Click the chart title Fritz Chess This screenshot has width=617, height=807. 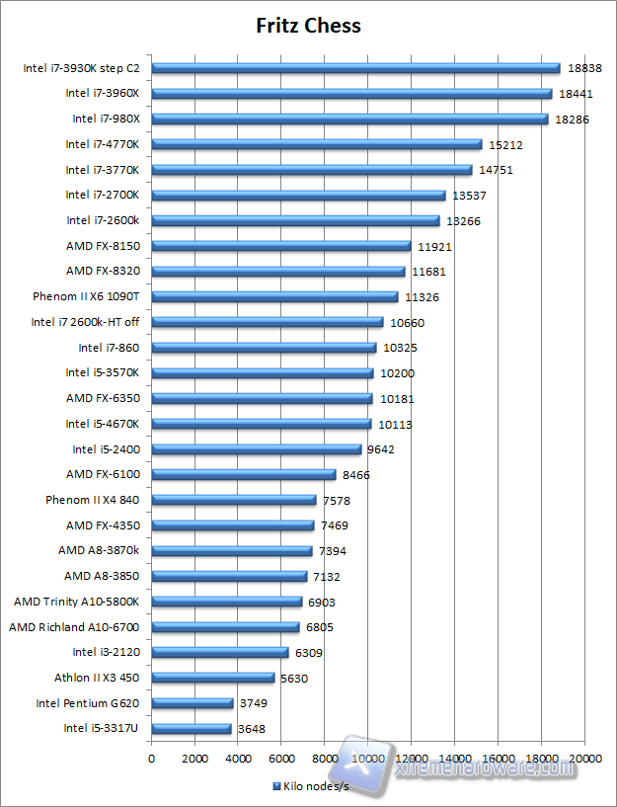pyautogui.click(x=307, y=26)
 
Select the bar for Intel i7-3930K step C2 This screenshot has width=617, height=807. pyautogui.click(x=355, y=68)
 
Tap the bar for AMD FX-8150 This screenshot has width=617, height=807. pyautogui.click(x=280, y=246)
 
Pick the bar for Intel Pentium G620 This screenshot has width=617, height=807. pyautogui.click(x=192, y=703)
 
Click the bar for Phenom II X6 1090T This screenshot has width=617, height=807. pyautogui.click(x=274, y=296)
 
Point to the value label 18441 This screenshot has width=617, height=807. pyautogui.click(x=577, y=94)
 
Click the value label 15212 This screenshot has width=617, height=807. pyautogui.click(x=506, y=145)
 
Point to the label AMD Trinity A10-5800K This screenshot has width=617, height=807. pyautogui.click(x=76, y=602)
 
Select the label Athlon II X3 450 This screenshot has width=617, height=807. pyautogui.click(x=97, y=678)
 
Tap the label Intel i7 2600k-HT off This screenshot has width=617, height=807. pyautogui.click(x=85, y=322)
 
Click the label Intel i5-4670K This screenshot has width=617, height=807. pyautogui.click(x=103, y=424)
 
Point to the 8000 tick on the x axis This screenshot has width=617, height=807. pyautogui.click(x=325, y=758)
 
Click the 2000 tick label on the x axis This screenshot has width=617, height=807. pyautogui.click(x=194, y=758)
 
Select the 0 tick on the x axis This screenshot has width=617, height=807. pyautogui.click(x=151, y=758)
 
